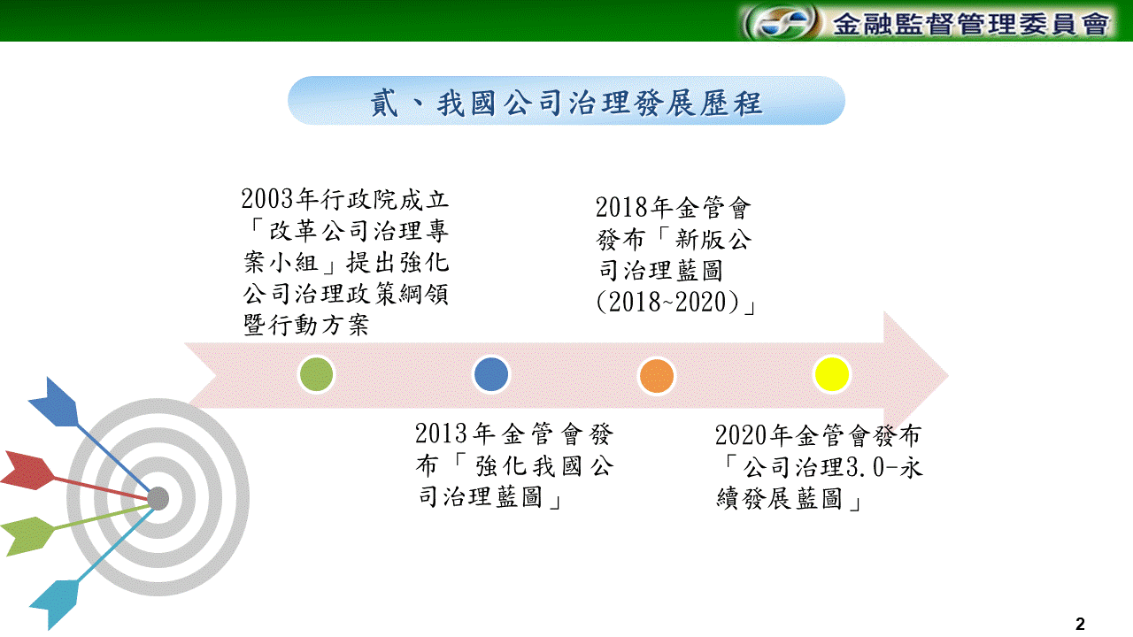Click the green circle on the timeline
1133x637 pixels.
pos(316,374)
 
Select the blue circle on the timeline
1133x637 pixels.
pos(490,374)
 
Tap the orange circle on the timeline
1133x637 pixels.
pos(657,376)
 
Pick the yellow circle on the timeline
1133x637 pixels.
pos(831,374)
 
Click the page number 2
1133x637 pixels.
pos(1080,624)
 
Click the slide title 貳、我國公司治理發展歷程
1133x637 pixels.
pos(566,104)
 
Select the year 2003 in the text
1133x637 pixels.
pos(267,199)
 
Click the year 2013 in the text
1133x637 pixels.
pos(441,434)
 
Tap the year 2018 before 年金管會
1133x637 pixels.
pos(621,208)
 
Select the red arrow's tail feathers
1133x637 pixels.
pos(27,470)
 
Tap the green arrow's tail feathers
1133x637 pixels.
pos(27,536)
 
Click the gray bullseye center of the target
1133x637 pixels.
pos(158,498)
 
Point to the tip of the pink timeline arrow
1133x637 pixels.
pos(948,376)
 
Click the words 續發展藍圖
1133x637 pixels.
pos(779,498)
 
